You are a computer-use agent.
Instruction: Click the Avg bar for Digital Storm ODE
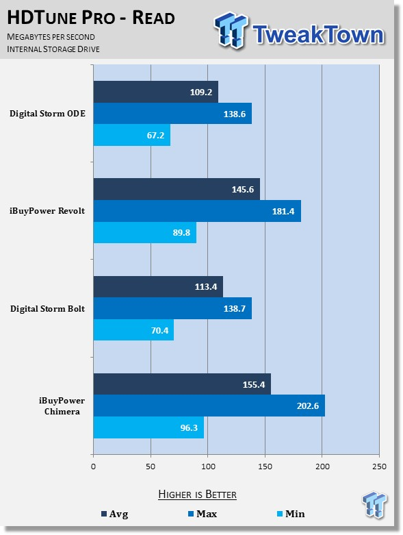coord(156,92)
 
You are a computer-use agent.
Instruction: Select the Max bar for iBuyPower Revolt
coord(197,211)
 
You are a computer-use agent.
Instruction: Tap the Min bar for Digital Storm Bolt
coord(133,330)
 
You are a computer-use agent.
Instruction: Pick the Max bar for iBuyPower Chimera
coord(209,406)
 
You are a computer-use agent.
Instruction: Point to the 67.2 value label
coord(155,136)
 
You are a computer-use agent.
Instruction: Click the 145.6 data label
coord(242,189)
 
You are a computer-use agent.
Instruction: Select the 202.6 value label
coord(308,406)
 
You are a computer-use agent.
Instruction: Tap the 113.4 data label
coord(206,286)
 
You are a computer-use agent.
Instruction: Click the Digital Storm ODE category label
coord(47,114)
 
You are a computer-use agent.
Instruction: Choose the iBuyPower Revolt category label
coord(47,211)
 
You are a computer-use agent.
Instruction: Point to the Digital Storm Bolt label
coord(47,309)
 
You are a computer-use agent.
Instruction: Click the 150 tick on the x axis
coord(265,466)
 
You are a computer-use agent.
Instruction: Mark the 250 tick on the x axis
coord(380,466)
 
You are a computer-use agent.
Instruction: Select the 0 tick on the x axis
coord(93,466)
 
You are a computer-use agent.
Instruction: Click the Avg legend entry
coord(115,514)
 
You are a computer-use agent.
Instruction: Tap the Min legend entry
coord(291,514)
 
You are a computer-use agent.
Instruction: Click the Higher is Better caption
coord(197,495)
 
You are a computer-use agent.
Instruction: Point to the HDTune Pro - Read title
coord(91,17)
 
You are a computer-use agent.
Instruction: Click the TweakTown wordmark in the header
coord(319,34)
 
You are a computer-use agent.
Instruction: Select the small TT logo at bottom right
coord(374,504)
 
